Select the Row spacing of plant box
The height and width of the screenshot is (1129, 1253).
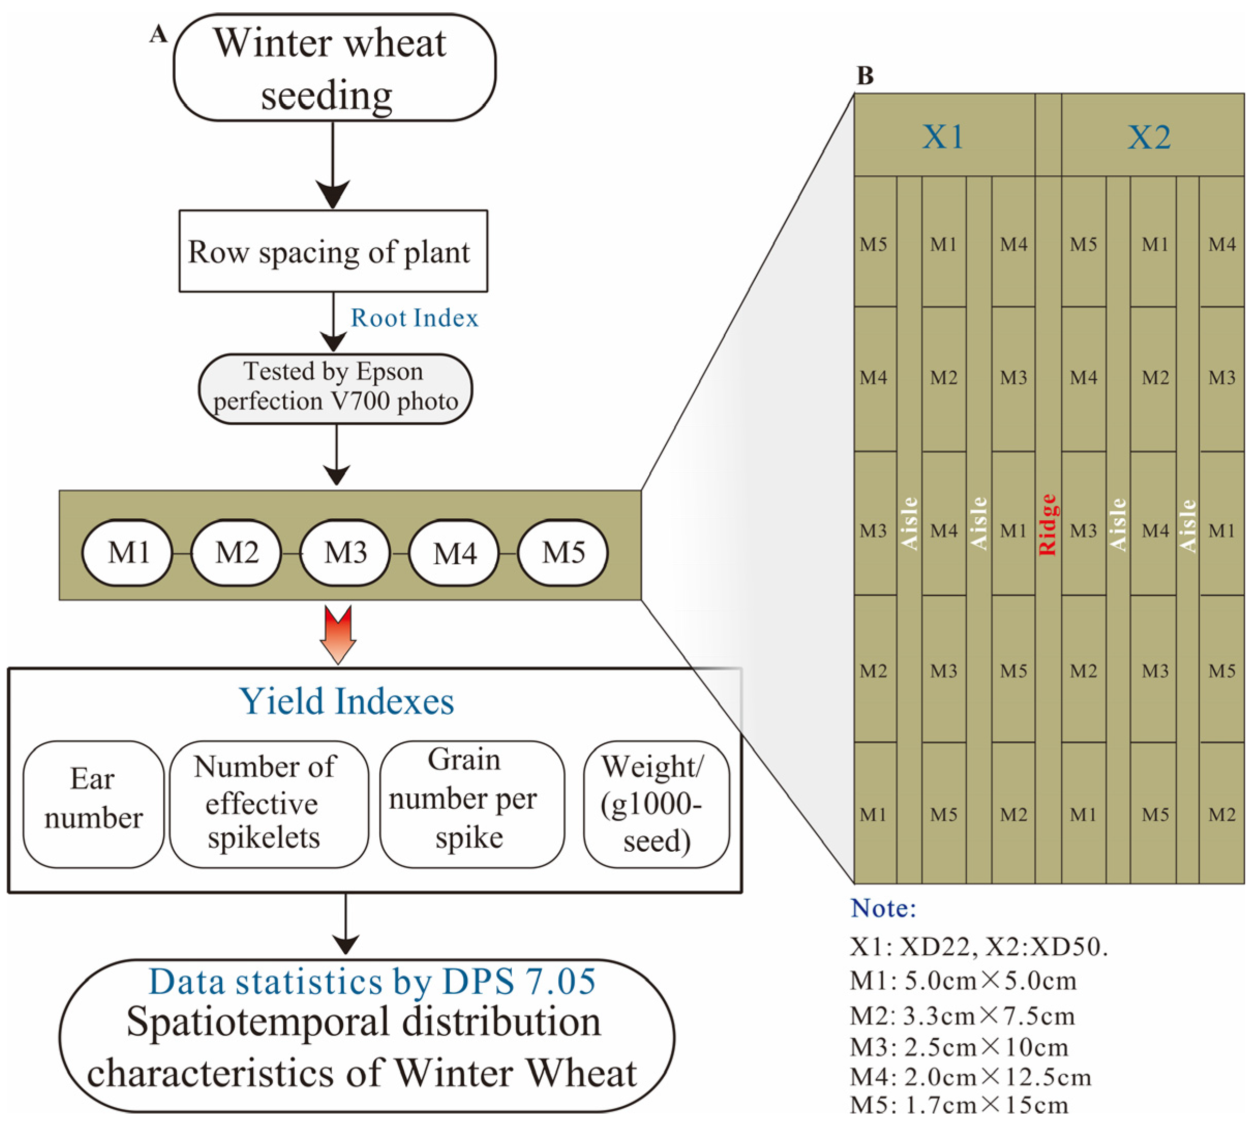pos(333,251)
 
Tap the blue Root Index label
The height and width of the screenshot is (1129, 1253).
pos(414,318)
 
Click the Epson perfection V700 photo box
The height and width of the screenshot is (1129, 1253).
pos(335,388)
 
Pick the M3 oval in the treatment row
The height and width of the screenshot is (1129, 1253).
pos(345,552)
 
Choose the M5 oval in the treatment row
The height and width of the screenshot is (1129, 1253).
pos(562,552)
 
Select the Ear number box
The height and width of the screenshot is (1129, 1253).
pos(93,803)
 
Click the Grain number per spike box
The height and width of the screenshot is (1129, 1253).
pos(471,803)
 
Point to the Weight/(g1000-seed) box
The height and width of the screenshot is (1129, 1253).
pos(655,803)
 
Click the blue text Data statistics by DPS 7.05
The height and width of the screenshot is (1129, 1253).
pos(372,982)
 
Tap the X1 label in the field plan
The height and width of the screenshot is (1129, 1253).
pos(942,137)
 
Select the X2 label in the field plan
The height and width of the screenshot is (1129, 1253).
pos(1149,137)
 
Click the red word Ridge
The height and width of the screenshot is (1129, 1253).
pos(1047,524)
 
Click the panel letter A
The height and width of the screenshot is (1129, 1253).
pos(159,34)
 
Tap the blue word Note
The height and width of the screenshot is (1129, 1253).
pos(883,908)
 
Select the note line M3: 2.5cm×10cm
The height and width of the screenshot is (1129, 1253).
pos(958,1047)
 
